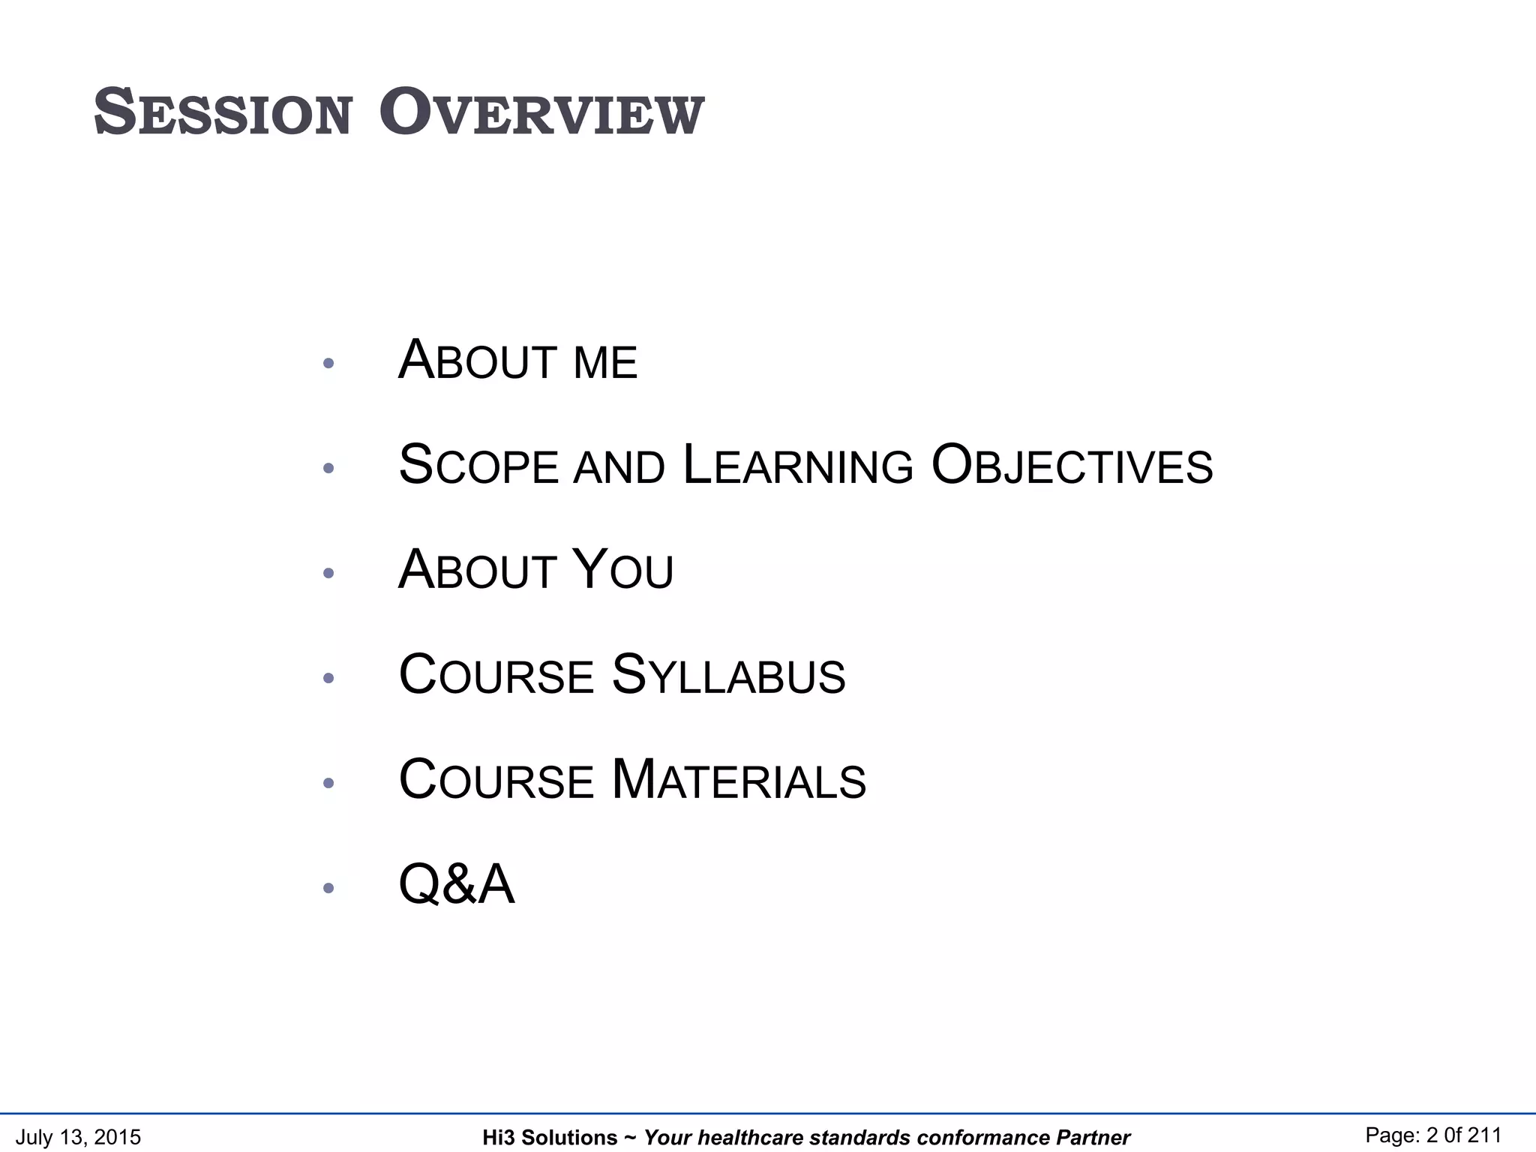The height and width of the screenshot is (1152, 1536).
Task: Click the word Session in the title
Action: (x=223, y=113)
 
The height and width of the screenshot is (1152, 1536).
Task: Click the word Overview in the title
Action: (x=541, y=113)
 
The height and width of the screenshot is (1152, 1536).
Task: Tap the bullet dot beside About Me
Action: (x=328, y=364)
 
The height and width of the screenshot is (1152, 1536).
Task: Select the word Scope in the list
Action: (x=478, y=465)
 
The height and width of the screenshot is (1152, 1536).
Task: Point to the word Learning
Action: (x=798, y=465)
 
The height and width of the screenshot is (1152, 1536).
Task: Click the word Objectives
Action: (x=1071, y=465)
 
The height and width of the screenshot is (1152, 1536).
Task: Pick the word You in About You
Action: (x=622, y=570)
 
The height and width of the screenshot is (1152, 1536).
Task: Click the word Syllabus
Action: (x=728, y=675)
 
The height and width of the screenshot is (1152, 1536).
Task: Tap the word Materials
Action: (x=739, y=780)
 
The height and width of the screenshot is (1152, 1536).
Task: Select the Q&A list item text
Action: (x=457, y=885)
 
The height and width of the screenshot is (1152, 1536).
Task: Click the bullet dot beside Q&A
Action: (x=328, y=889)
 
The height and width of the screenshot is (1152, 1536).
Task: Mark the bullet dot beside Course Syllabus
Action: (x=328, y=679)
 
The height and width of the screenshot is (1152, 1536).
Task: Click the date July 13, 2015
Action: (x=78, y=1137)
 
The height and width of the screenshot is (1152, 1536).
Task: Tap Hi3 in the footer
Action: (x=498, y=1138)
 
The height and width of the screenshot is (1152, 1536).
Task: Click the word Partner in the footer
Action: (x=1093, y=1138)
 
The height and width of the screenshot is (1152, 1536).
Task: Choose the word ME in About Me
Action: (x=604, y=363)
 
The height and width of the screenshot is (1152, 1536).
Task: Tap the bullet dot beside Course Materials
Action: (x=328, y=784)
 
